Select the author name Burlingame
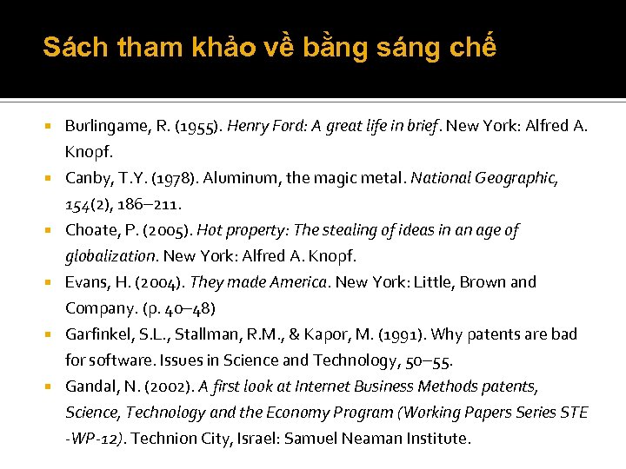106,126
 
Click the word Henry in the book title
248,126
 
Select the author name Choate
90,230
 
